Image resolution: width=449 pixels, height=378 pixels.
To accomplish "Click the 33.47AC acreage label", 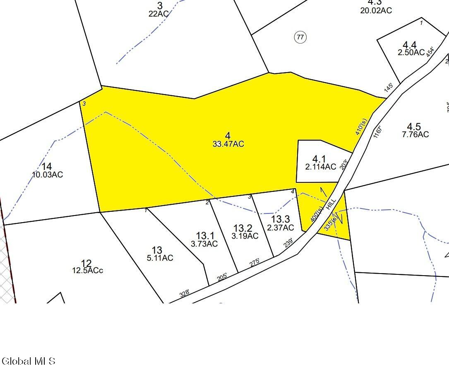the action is (228, 144).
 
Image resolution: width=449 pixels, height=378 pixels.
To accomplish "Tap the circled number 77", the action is (300, 37).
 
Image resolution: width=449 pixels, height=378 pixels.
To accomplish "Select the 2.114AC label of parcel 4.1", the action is (320, 167).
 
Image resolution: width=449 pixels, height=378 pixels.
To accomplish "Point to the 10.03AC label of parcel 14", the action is (48, 175).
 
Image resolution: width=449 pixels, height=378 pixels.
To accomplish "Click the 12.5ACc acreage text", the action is (87, 271).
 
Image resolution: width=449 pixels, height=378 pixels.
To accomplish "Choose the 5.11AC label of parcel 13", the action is (160, 258).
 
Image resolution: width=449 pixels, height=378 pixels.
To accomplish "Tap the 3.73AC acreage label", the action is (204, 244).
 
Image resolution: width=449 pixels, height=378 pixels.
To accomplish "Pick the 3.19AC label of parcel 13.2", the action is (245, 236).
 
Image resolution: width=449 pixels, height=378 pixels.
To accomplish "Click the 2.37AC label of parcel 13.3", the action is (280, 228).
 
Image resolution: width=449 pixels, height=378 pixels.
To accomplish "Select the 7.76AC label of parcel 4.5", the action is (415, 134).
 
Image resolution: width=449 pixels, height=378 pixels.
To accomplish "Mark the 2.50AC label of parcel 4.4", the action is (411, 53).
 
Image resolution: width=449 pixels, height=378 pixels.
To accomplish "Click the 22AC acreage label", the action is (158, 14).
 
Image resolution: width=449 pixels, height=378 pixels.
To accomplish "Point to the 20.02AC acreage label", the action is (376, 10).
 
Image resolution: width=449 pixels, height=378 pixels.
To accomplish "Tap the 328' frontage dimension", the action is (185, 293).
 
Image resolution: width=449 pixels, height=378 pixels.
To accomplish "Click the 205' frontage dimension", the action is (222, 277).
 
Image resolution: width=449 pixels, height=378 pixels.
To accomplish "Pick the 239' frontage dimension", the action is (288, 243).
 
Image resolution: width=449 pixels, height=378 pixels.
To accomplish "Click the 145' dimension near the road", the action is (389, 88).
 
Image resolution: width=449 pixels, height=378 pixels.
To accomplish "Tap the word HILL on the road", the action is (330, 204).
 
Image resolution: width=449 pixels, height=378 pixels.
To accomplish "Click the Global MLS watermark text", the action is (29, 361).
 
